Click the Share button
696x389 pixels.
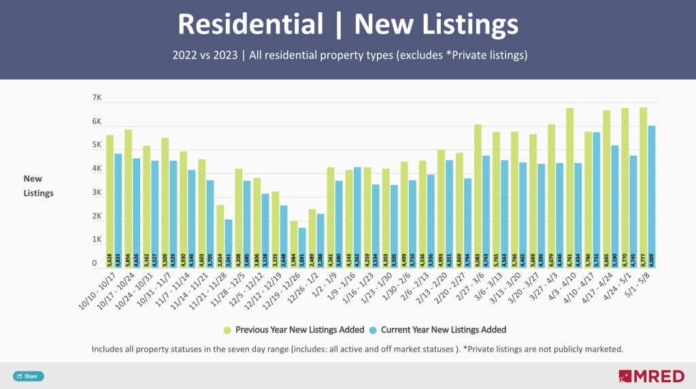[x=28, y=376]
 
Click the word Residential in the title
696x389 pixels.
[x=250, y=25]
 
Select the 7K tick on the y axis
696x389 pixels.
[x=97, y=99]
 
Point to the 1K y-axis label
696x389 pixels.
[x=97, y=240]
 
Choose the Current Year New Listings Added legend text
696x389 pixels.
[x=444, y=330]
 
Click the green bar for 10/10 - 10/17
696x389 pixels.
[x=110, y=197]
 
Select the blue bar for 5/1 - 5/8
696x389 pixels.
[x=651, y=194]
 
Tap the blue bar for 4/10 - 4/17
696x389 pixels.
[x=596, y=197]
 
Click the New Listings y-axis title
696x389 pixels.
[x=38, y=186]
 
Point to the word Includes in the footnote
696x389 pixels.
[x=108, y=349]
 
